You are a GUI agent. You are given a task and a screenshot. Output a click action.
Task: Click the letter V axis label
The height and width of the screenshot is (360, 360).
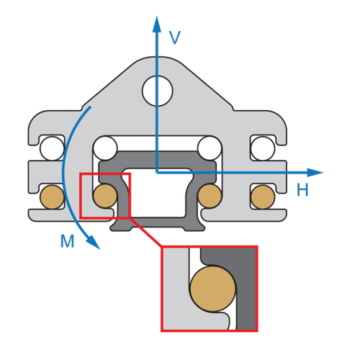coord(175,37)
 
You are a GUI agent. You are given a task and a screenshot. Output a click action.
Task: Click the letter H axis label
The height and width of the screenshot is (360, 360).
coord(302,189)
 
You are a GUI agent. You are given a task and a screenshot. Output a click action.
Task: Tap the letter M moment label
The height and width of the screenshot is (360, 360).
coord(67,241)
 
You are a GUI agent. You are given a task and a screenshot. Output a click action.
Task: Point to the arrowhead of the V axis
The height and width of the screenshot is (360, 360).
coord(157,24)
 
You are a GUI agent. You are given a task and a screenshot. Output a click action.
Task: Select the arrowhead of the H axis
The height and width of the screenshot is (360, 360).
coord(315,173)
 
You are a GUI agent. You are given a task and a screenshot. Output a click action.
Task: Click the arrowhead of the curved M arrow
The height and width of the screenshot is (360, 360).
coord(93,243)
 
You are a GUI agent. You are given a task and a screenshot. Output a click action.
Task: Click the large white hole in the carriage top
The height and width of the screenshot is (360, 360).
coord(158,91)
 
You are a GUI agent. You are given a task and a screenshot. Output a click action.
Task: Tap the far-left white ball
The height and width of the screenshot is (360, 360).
coord(52,148)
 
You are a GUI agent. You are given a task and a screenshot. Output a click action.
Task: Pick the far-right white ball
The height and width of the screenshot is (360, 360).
coord(263,148)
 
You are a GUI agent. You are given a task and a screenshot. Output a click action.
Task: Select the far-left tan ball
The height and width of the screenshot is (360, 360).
coord(52,197)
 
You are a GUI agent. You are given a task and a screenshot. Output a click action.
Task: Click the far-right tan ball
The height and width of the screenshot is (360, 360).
coord(263,197)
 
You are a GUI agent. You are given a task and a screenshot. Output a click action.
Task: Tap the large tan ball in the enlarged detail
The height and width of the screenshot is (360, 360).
coord(213,289)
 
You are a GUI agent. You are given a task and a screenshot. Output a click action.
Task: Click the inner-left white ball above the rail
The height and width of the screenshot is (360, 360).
coord(105,148)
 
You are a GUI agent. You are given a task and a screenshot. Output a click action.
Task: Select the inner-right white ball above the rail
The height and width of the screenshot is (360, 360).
coord(210,148)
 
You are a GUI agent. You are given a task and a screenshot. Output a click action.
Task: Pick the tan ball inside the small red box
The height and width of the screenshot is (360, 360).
coord(105,196)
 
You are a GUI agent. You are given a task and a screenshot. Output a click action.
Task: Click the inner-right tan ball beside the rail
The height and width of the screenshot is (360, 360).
coord(210,196)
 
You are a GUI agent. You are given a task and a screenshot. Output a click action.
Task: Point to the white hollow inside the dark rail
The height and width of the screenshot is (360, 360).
coord(157,193)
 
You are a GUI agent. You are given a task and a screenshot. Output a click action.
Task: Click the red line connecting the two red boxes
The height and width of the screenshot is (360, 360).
coord(146,232)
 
